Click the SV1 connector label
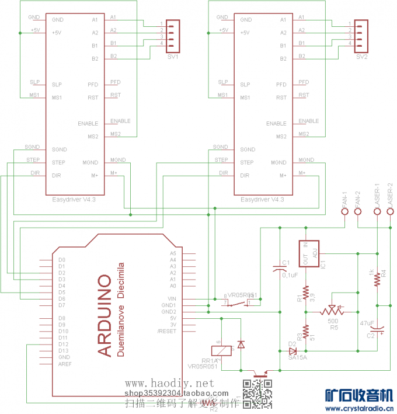[173, 57]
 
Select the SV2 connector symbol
[361, 36]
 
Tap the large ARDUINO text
[105, 315]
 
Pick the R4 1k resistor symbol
[378, 279]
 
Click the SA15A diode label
[298, 357]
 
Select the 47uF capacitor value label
[367, 322]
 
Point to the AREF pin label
[65, 364]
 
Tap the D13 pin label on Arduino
[63, 350]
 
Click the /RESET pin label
[167, 331]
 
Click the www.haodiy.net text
[170, 384]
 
